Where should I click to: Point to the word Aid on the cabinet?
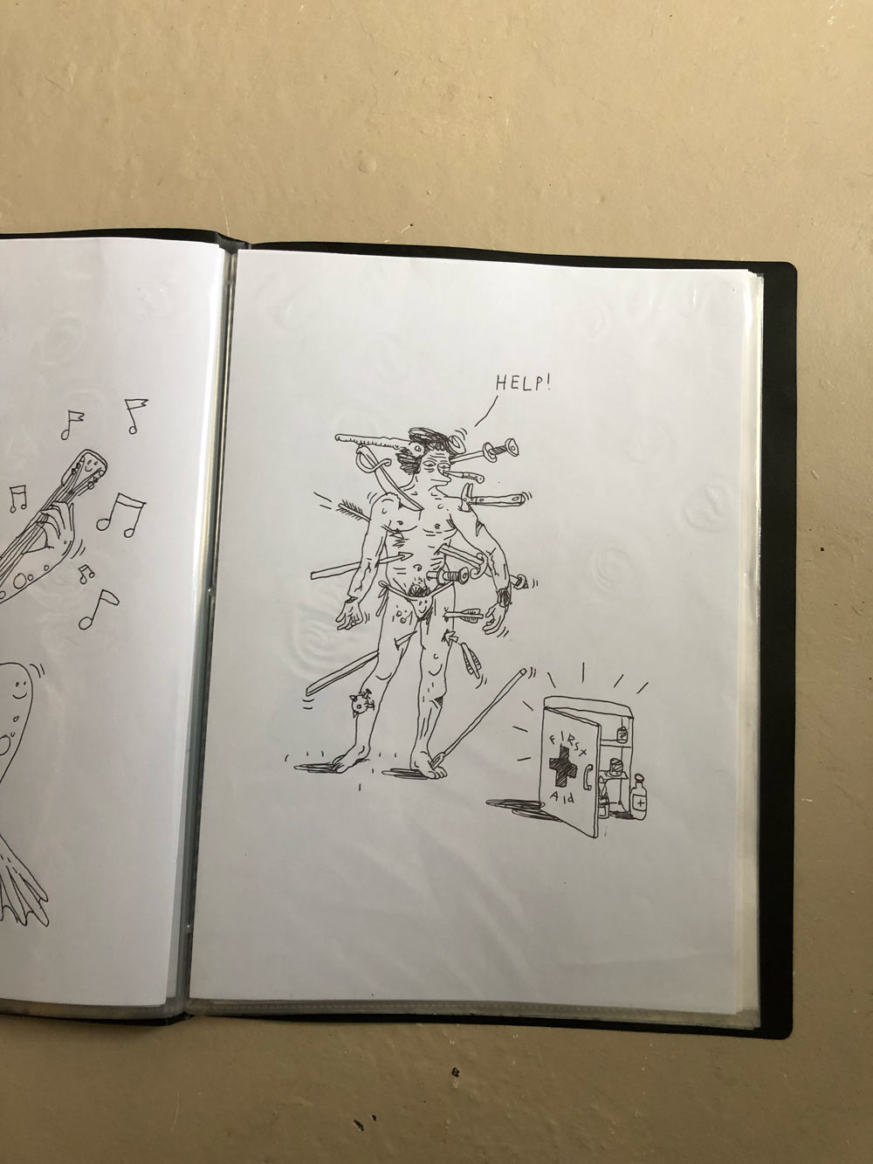(x=563, y=796)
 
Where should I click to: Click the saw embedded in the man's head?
(x=377, y=444)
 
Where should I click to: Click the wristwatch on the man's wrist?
(x=504, y=596)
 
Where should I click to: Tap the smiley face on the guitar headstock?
(x=91, y=466)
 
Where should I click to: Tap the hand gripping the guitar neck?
(x=57, y=532)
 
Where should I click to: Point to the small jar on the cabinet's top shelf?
(x=622, y=735)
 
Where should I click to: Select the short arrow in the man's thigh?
(x=463, y=614)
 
